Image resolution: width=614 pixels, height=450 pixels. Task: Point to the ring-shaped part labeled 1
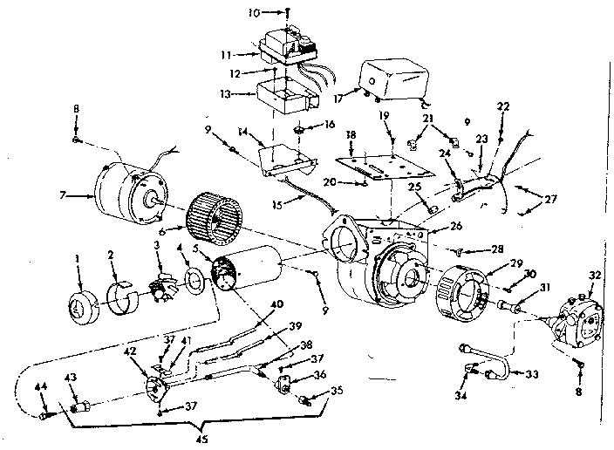click(82, 308)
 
